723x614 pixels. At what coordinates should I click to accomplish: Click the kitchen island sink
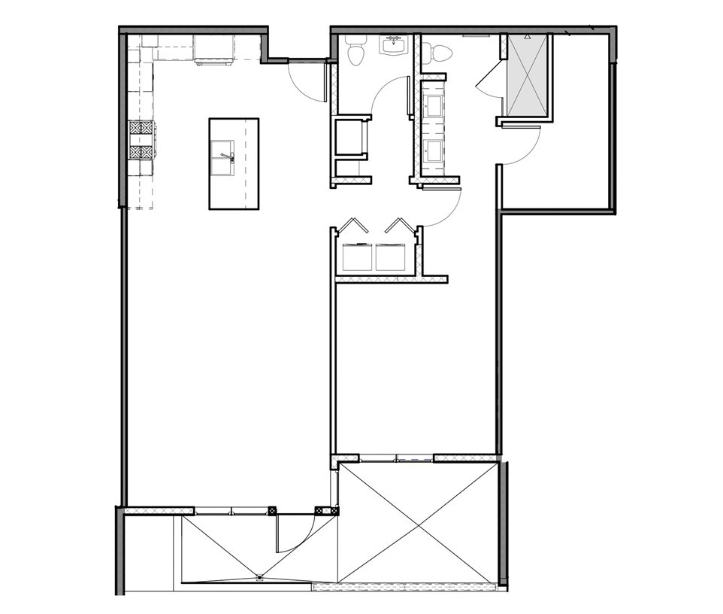[222, 158]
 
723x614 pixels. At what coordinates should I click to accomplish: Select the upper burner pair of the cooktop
[141, 128]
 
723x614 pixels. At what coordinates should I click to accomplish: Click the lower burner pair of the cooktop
[141, 152]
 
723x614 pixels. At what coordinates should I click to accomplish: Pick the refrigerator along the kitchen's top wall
[213, 50]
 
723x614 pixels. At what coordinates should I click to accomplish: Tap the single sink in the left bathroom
[393, 46]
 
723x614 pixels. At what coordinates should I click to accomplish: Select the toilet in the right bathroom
[439, 53]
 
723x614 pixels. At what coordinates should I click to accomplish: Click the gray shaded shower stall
[528, 75]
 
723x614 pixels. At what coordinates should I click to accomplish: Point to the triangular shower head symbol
[528, 36]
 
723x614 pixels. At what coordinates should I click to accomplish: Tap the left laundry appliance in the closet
[357, 257]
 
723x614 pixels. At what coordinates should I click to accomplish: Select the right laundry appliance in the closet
[391, 257]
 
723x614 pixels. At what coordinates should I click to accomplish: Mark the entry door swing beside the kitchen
[307, 79]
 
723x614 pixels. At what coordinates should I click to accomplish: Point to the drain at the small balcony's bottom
[259, 578]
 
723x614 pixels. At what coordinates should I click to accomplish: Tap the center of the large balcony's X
[418, 523]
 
